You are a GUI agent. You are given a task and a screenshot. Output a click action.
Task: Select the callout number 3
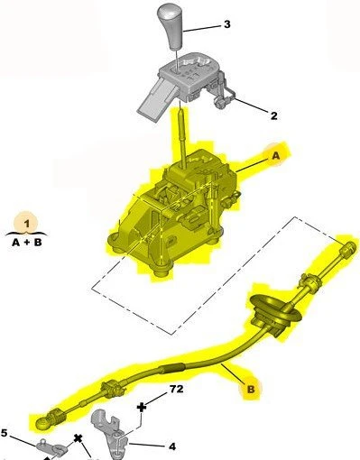point(227,24)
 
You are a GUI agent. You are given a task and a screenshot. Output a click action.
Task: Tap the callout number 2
point(273,115)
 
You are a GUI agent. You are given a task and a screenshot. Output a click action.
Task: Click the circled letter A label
point(275,156)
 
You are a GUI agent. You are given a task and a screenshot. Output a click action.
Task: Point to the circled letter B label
point(251,390)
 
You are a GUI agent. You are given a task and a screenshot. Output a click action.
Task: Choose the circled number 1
point(26,223)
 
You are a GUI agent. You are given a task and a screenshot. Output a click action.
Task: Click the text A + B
point(26,243)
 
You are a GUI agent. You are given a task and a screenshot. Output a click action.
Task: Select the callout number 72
point(176,389)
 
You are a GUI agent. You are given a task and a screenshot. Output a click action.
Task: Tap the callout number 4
point(172,446)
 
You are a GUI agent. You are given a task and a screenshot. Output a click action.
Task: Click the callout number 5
point(4,433)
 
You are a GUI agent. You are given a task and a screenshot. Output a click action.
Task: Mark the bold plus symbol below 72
point(142,408)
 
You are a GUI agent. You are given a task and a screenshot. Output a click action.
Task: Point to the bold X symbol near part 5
point(78,438)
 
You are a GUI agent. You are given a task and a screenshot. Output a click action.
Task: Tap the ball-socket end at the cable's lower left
point(42,423)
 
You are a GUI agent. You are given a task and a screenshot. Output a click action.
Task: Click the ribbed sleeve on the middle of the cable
point(171,368)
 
